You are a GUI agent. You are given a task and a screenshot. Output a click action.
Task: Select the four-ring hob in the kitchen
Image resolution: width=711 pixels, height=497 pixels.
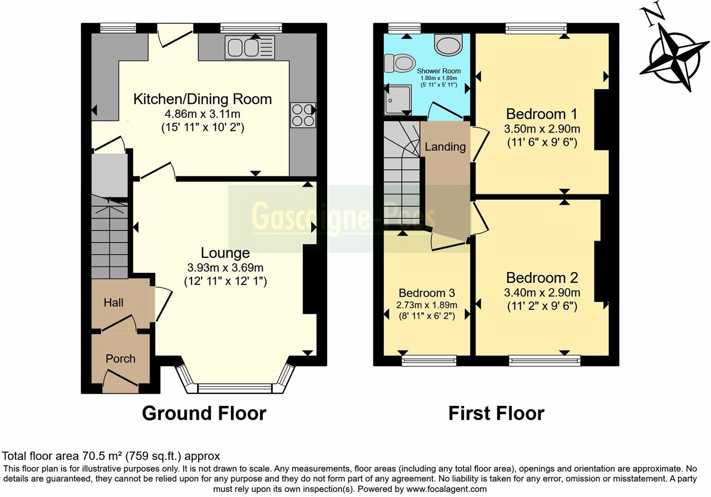pos(303,115)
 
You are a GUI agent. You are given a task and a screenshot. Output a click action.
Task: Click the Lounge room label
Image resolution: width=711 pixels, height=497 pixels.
pos(225,253)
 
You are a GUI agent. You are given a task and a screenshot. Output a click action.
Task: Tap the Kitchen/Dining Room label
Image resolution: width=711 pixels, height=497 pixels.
pos(202,99)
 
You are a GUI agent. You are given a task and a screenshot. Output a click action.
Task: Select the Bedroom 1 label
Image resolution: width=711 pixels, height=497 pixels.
pos(542,114)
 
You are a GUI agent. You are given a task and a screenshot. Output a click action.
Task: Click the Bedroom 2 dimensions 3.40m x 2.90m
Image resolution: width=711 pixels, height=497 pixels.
pos(542,292)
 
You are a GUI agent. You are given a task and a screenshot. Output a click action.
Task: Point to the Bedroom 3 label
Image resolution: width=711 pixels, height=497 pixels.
pos(426,293)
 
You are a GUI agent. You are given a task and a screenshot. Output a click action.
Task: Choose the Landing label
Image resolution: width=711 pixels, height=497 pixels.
pos(445,147)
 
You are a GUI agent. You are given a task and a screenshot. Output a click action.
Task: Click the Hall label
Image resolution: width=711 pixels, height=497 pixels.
pos(113,302)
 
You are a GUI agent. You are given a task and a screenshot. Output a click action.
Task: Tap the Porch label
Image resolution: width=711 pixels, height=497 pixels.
pos(120,358)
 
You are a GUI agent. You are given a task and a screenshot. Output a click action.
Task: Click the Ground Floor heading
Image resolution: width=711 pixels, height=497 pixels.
pos(204,413)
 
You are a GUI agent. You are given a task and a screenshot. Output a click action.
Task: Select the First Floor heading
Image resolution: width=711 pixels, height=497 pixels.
pos(496,413)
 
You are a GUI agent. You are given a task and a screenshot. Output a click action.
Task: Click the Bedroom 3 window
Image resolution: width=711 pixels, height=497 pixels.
pos(429,360)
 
